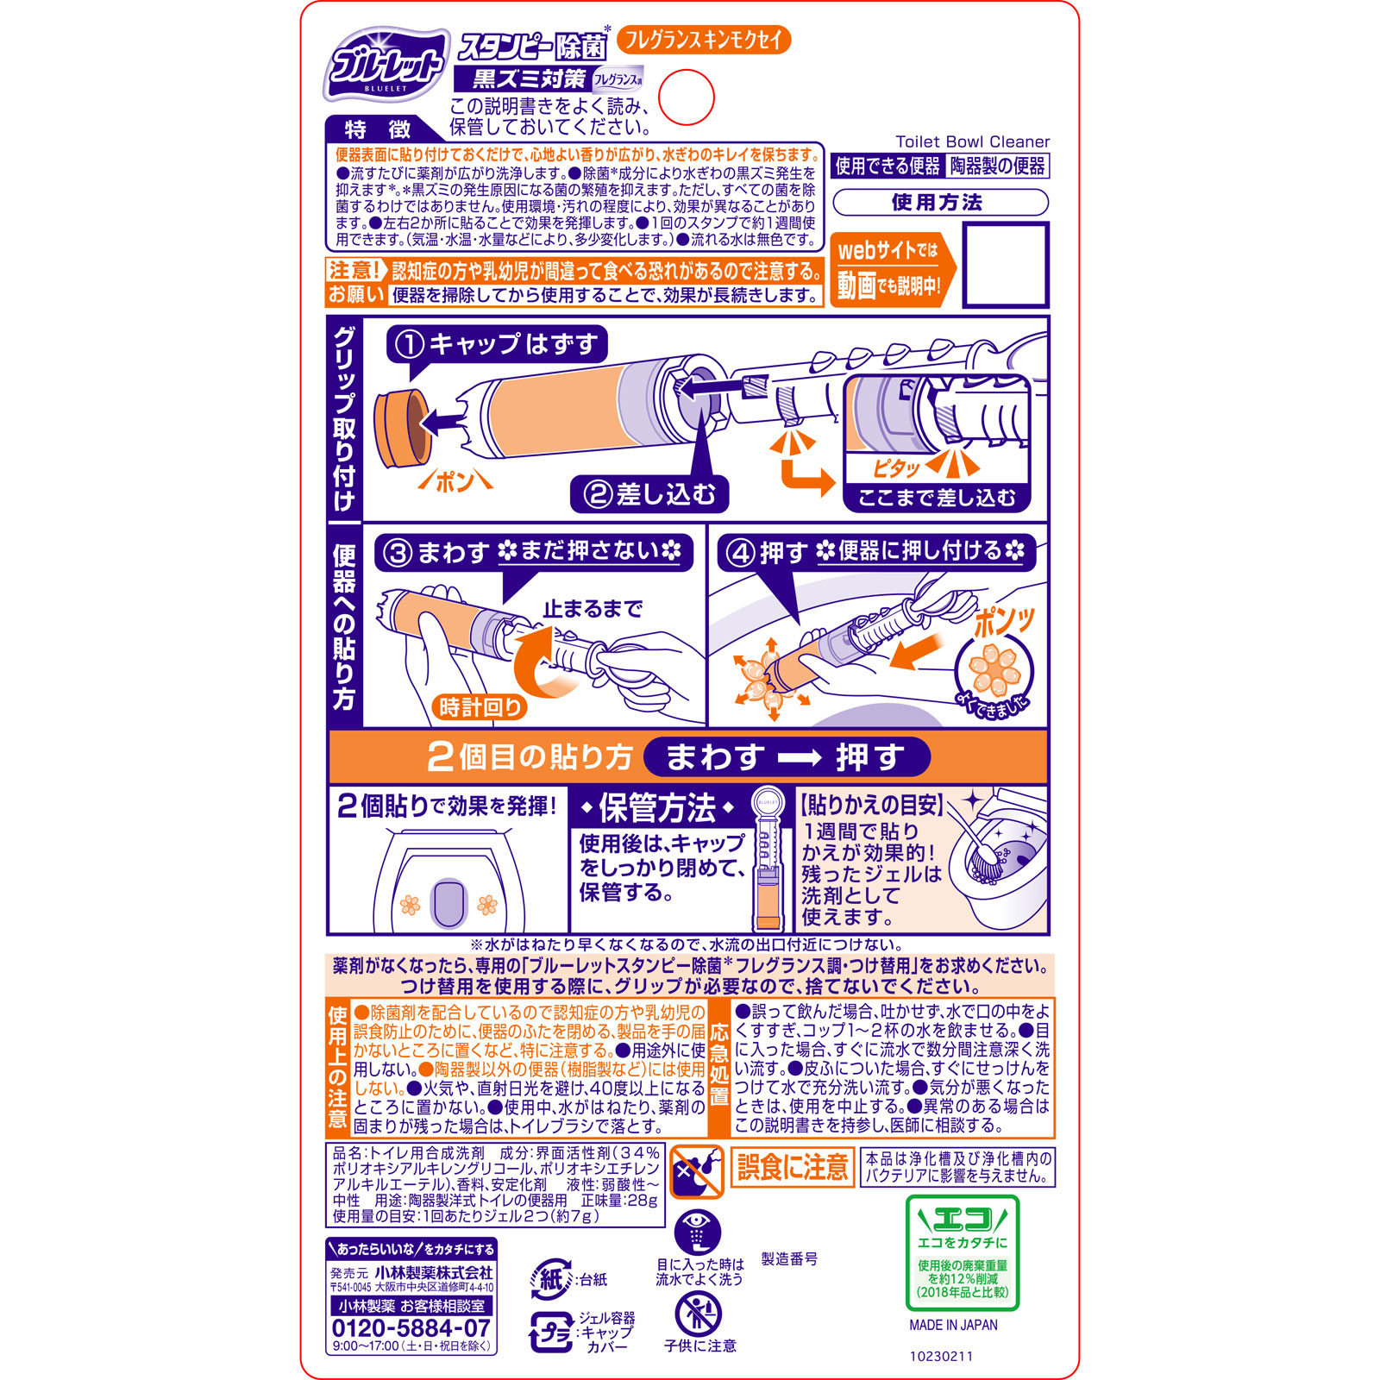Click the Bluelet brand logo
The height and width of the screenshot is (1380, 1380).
pyautogui.click(x=386, y=65)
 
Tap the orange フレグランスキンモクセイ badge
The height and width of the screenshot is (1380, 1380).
pyautogui.click(x=704, y=40)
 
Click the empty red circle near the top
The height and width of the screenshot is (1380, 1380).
pyautogui.click(x=687, y=97)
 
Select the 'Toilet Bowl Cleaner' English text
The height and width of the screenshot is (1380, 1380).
pyautogui.click(x=972, y=141)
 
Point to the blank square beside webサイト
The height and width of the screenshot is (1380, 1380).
pyautogui.click(x=1005, y=265)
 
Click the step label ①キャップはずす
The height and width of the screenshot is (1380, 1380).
pyautogui.click(x=497, y=344)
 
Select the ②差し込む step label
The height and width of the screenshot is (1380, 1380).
pyautogui.click(x=650, y=494)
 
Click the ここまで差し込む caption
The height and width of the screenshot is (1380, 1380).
pyautogui.click(x=937, y=498)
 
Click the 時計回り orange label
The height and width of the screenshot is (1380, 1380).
pyautogui.click(x=480, y=707)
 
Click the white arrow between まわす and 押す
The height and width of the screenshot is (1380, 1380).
pyautogui.click(x=800, y=757)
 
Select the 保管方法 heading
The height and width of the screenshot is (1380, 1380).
pyautogui.click(x=657, y=808)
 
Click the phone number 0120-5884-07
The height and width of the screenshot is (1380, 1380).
pyautogui.click(x=411, y=1328)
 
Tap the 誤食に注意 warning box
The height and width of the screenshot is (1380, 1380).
pyautogui.click(x=792, y=1168)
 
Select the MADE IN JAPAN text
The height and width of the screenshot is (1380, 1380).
pyautogui.click(x=953, y=1325)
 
